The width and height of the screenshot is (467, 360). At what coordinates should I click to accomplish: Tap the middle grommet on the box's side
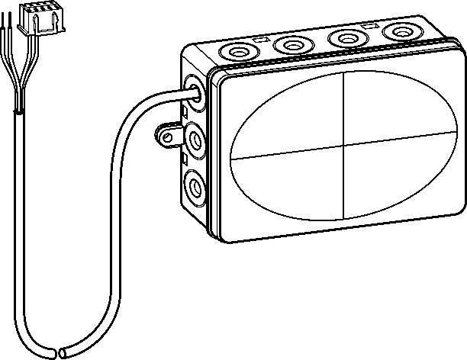tap(194, 140)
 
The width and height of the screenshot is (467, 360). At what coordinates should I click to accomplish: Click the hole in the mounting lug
tap(163, 138)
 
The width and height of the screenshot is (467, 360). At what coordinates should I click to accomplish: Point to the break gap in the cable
tap(60, 353)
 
